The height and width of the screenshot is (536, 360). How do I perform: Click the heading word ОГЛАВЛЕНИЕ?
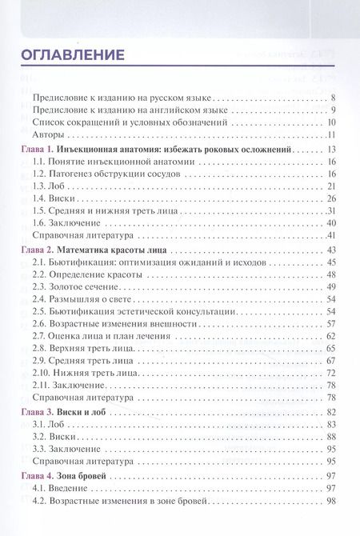coord(72,55)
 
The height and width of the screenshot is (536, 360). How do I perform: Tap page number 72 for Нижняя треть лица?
coord(330,374)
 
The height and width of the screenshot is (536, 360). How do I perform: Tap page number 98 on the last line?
coord(330,501)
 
